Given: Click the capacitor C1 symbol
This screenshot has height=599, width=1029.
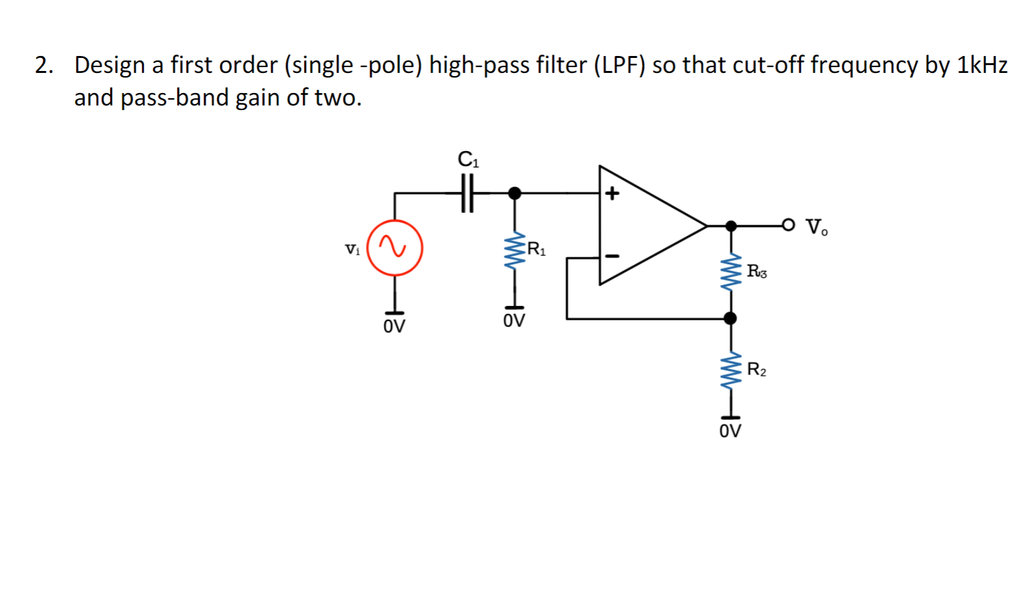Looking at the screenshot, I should tap(467, 193).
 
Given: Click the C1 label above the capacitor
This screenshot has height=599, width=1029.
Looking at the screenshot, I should tap(468, 160).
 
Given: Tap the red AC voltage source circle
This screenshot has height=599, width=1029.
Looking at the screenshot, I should tap(394, 248).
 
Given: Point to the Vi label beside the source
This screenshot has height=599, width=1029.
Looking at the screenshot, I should tap(352, 249).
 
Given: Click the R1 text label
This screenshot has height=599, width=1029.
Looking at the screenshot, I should tap(537, 249).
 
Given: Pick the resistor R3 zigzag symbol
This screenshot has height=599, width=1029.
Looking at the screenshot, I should tap(731, 272).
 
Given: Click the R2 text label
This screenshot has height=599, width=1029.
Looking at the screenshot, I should tap(756, 370).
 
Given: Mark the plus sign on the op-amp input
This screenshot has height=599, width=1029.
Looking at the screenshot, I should tap(612, 193).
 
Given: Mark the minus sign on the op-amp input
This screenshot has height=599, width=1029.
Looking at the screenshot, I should tap(612, 256).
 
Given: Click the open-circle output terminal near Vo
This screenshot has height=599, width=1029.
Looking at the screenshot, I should tap(788, 225).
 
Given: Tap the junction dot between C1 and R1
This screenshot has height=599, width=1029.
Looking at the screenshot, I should tap(515, 193).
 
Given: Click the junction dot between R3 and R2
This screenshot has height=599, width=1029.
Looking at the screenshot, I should tap(731, 318).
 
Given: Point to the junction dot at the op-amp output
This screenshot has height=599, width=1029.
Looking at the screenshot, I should tap(731, 226).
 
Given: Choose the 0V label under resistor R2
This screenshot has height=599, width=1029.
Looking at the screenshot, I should tap(730, 431).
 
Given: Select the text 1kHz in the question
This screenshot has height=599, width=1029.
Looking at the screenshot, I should tap(982, 65).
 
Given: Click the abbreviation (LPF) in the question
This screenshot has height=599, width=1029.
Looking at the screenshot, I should tap(619, 65).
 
